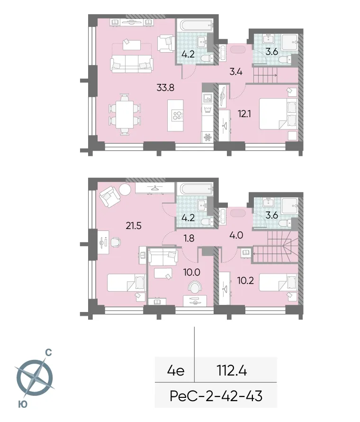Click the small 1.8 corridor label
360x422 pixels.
pos(190,239)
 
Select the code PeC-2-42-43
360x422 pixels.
pos(216,395)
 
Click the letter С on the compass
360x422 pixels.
pos(48,353)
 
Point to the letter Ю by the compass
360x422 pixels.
pos(22,404)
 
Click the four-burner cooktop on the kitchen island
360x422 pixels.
pos(178,116)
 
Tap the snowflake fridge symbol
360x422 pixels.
pos(207,138)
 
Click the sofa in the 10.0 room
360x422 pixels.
pos(162,257)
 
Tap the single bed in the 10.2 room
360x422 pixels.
pos(275,282)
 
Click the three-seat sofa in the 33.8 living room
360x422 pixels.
pos(132,63)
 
